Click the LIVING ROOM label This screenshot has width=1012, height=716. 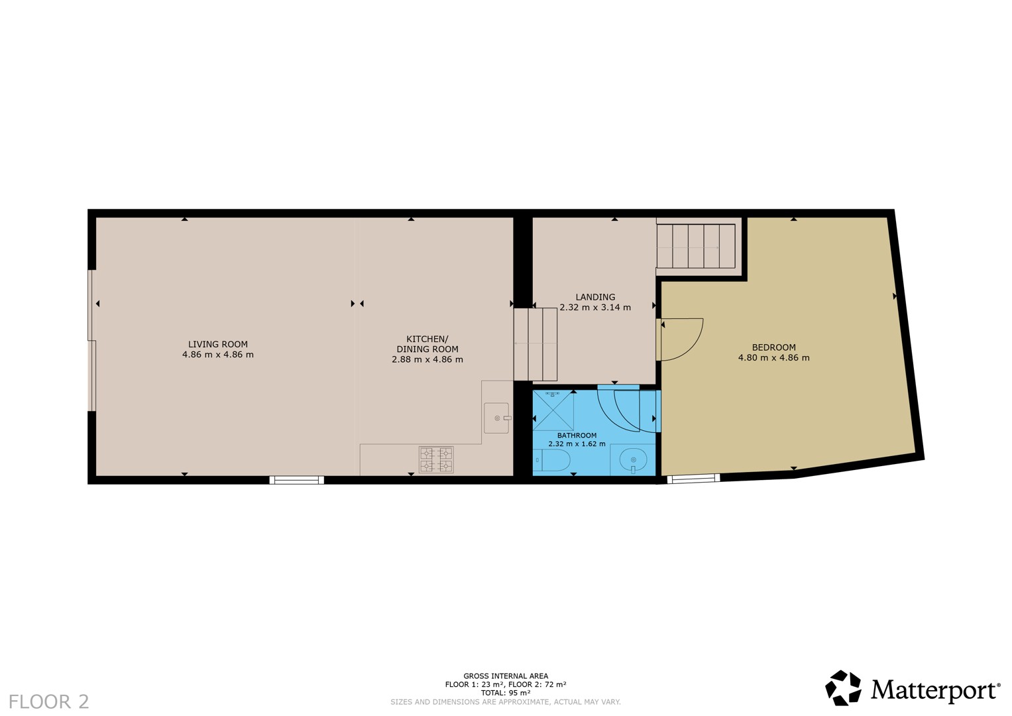coord(218,345)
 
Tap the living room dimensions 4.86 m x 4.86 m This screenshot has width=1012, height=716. coord(218,355)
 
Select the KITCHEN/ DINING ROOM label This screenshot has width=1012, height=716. coord(427,344)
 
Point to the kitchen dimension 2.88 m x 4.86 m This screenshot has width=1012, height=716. coord(427,360)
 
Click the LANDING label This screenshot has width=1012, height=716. coord(595,297)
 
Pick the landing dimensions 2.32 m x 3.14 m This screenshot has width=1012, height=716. coord(595,308)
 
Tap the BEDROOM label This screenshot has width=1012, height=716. coord(773,347)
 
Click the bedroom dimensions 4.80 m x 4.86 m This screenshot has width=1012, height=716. coord(773,358)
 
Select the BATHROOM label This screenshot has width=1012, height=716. coord(577,436)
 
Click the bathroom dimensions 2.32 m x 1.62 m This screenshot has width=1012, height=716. coord(577,444)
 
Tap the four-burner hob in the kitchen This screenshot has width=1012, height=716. coord(436,459)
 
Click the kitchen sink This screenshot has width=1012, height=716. coord(496,418)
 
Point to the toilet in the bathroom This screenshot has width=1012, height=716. coord(551,460)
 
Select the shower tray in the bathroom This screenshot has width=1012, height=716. coord(553,410)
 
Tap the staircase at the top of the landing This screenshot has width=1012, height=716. coord(696,247)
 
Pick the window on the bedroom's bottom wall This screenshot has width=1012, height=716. coord(693,478)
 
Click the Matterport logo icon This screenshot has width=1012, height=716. coord(843,688)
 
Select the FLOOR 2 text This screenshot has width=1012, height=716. coord(49,702)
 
